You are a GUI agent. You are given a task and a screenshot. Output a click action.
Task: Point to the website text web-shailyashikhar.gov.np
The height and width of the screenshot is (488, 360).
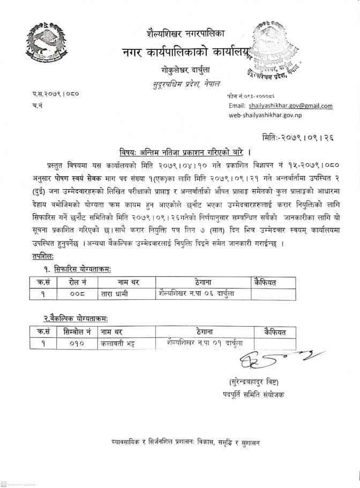[x=265, y=115]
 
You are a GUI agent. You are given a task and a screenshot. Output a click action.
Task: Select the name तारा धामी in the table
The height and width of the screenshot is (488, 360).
[x=114, y=294]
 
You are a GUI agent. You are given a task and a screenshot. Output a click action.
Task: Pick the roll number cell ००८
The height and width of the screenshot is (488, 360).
[x=78, y=294]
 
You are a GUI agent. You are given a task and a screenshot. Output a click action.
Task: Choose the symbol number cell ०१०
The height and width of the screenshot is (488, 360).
[x=77, y=344]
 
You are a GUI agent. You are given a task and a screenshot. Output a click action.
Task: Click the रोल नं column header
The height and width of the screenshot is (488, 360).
[x=78, y=282]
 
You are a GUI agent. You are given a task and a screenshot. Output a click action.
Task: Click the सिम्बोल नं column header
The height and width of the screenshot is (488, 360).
[x=77, y=332]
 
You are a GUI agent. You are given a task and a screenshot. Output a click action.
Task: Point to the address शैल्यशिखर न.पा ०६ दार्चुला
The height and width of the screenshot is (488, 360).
[x=197, y=293]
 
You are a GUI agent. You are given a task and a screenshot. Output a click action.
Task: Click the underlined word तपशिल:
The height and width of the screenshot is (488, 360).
[x=44, y=256]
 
